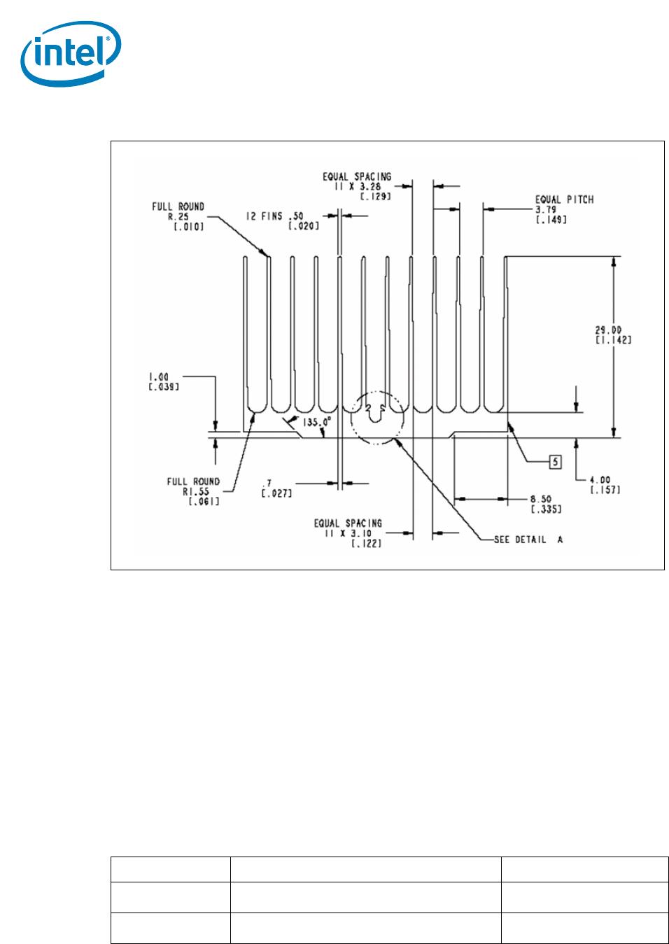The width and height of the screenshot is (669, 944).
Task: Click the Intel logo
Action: click(70, 55)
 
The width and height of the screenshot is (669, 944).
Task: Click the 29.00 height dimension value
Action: click(608, 330)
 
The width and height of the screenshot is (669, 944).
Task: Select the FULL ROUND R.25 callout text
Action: click(178, 216)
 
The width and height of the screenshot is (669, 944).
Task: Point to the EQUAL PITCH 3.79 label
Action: click(564, 204)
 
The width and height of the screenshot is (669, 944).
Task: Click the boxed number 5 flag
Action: click(556, 462)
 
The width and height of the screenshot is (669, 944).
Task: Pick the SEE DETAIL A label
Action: click(528, 540)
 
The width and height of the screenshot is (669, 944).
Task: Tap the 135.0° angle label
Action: click(316, 423)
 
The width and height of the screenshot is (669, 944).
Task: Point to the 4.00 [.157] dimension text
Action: click(604, 485)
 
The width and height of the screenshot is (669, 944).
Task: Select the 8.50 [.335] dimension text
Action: click(544, 504)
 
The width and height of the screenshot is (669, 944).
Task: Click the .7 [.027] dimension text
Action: click(276, 488)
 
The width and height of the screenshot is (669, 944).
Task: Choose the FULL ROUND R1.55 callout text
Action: click(193, 491)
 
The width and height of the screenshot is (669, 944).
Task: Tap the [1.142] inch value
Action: click(613, 340)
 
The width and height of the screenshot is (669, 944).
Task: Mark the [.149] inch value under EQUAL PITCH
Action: click(551, 220)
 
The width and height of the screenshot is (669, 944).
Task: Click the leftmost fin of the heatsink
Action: click(246, 329)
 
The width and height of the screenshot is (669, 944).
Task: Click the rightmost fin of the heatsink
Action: click(506, 329)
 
